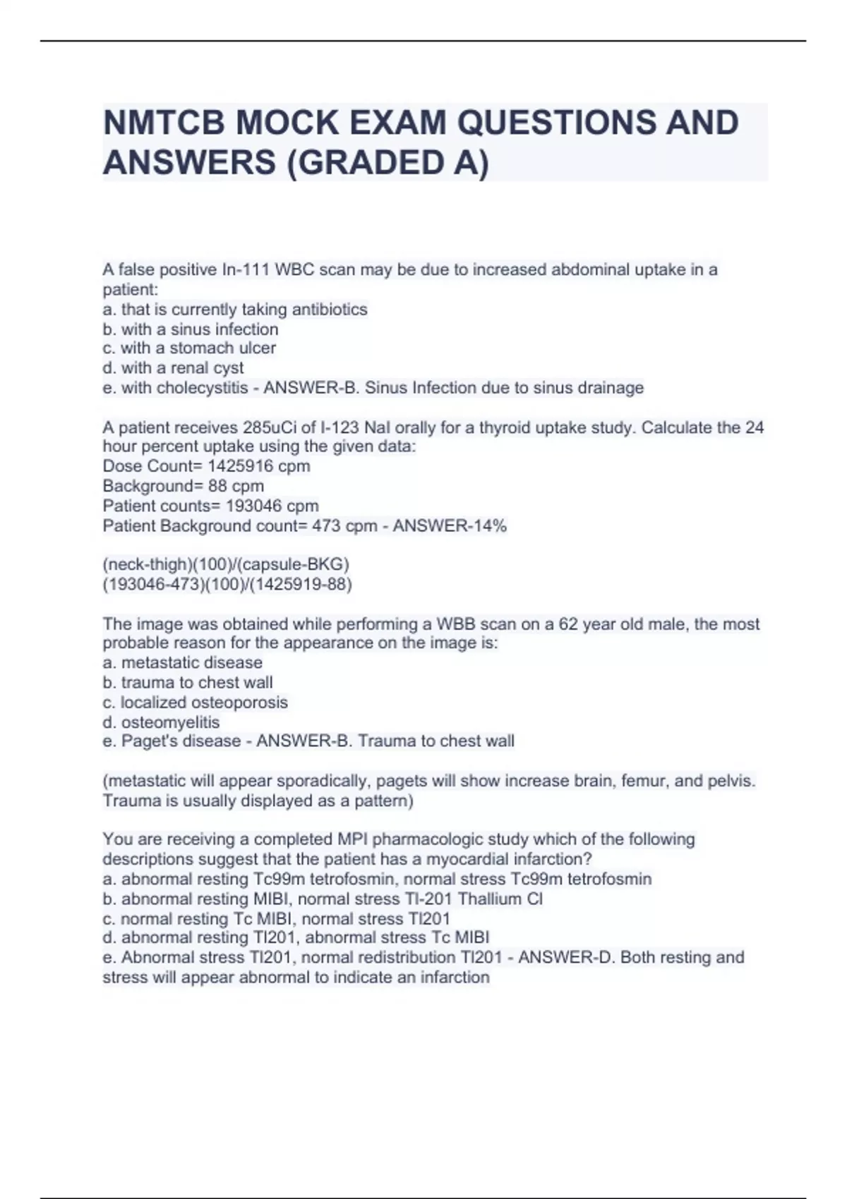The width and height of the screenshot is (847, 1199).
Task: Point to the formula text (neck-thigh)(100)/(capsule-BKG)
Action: click(x=226, y=564)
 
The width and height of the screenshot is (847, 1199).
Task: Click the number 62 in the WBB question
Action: click(x=568, y=624)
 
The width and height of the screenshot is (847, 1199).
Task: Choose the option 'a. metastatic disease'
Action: click(x=183, y=662)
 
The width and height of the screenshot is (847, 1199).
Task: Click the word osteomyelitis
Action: click(x=170, y=722)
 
